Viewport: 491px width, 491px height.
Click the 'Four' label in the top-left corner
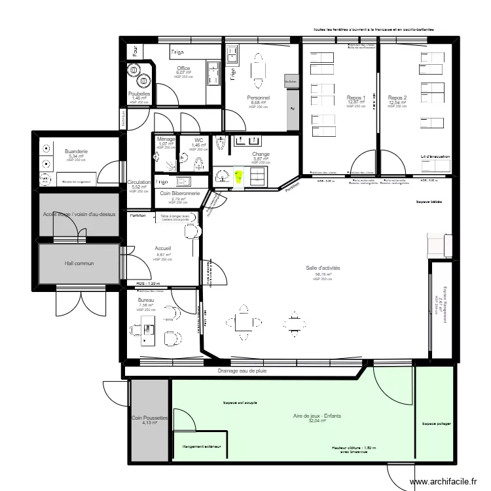(x=135, y=51)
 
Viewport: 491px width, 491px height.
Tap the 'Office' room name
(x=183, y=68)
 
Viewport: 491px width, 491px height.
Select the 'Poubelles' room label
(x=139, y=94)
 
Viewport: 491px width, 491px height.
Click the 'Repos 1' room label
(x=356, y=98)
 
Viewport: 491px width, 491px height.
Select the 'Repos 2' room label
(x=397, y=98)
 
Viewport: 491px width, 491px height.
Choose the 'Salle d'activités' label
(x=322, y=268)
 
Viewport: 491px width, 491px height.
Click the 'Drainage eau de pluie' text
(x=242, y=371)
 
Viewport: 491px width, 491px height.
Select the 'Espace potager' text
(x=435, y=424)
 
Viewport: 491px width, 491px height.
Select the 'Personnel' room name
(x=258, y=98)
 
